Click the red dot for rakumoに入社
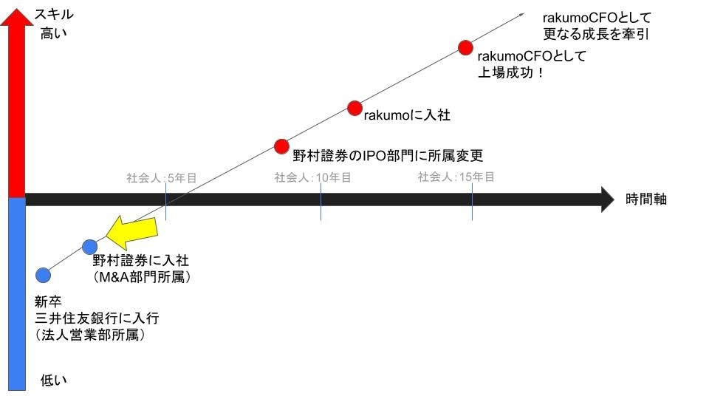[x=354, y=108]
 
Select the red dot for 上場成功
[x=465, y=47]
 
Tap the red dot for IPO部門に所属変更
[x=281, y=146]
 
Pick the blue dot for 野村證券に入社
[x=89, y=247]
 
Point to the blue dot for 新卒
[x=43, y=275]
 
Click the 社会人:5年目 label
[x=162, y=178]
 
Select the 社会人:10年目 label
[x=312, y=177]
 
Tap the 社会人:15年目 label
[x=456, y=177]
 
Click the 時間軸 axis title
[x=645, y=199]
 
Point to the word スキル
[x=54, y=15]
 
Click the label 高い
[x=53, y=33]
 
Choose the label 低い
[x=53, y=380]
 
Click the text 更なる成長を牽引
[x=596, y=34]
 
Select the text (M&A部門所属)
[x=142, y=277]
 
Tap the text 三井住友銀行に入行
[x=97, y=318]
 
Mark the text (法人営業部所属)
[x=90, y=335]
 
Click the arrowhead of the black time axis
[x=607, y=199]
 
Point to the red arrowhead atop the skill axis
[x=17, y=17]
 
